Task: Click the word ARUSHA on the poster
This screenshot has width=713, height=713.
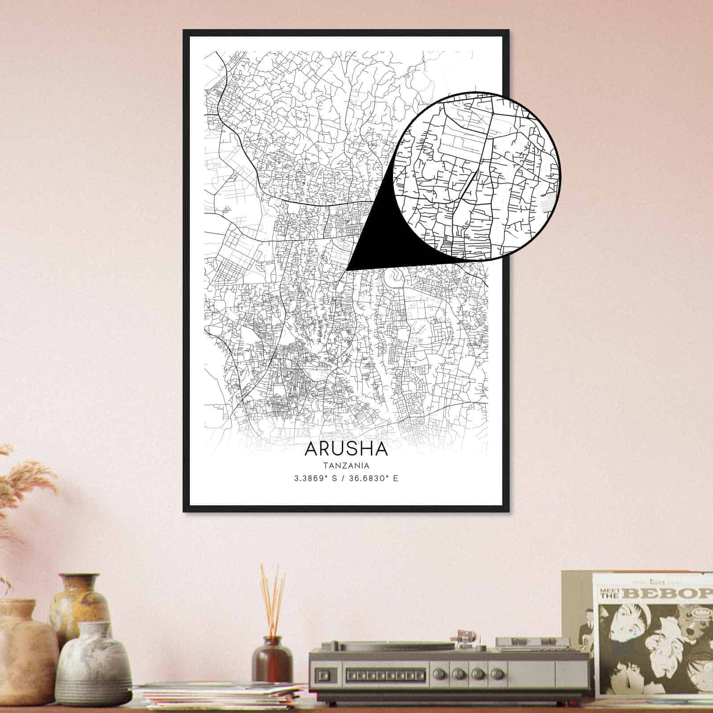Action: pyautogui.click(x=346, y=449)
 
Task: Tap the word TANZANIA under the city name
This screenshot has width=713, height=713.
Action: pyautogui.click(x=346, y=466)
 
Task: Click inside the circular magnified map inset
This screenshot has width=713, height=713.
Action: pyautogui.click(x=477, y=176)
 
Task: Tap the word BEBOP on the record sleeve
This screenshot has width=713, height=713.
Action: pyautogui.click(x=668, y=594)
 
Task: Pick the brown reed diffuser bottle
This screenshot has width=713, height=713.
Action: pyautogui.click(x=272, y=659)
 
